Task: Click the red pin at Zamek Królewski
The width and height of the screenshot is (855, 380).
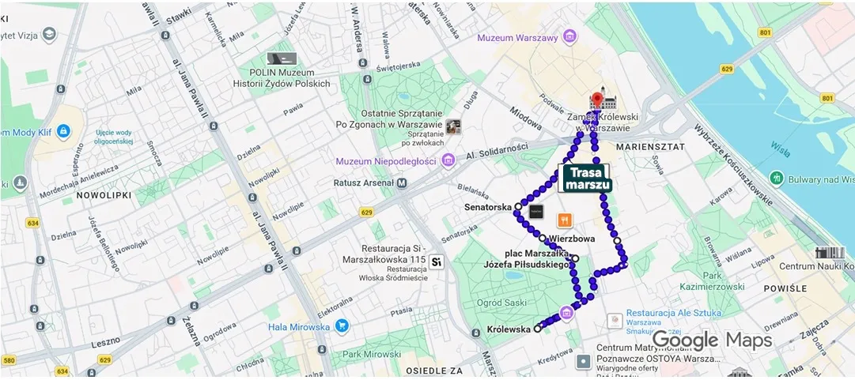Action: pos(598,100)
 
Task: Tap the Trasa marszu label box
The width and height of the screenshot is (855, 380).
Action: pos(587,179)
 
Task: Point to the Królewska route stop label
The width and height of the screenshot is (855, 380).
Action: pos(509,329)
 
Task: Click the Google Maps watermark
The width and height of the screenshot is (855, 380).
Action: pos(711,340)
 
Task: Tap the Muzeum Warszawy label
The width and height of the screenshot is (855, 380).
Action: pos(517,38)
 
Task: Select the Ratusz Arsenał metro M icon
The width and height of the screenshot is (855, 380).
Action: pos(402,183)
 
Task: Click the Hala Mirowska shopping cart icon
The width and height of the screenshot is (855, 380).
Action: pos(342,326)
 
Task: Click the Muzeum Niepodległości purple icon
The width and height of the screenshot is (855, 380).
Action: pos(448,161)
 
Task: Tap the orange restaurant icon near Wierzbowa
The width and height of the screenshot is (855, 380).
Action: pos(565,220)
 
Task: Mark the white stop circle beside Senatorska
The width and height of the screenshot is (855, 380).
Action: pos(518,206)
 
